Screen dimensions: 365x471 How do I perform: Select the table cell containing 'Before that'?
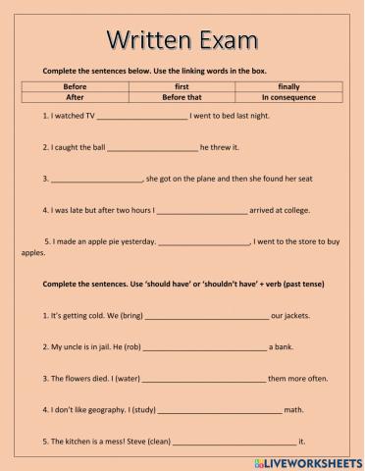(x=182, y=98)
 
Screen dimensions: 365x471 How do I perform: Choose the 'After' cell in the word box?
(x=75, y=98)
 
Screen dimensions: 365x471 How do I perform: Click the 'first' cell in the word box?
(x=182, y=86)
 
